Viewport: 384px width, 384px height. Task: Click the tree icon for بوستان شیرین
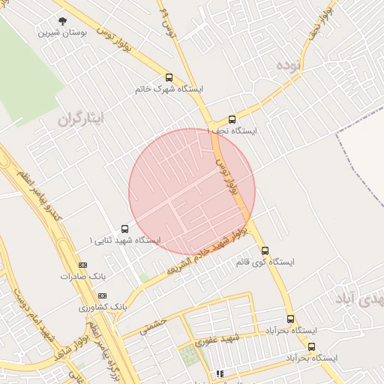[61, 21]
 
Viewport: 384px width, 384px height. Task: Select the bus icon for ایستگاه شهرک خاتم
[169, 76]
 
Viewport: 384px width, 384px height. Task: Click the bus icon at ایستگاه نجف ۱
[232, 118]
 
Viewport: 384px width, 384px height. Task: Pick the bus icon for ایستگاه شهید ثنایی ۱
[124, 229]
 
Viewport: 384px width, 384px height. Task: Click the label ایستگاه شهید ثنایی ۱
[124, 241]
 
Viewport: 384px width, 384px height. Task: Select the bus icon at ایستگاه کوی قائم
[265, 250]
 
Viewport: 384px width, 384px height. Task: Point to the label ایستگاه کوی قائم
[265, 262]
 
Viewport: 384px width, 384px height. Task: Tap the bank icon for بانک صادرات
[82, 264]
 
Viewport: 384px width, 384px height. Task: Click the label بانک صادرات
[81, 276]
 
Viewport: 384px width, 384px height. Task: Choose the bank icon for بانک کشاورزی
[103, 295]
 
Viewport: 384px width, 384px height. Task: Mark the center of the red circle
[192, 192]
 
